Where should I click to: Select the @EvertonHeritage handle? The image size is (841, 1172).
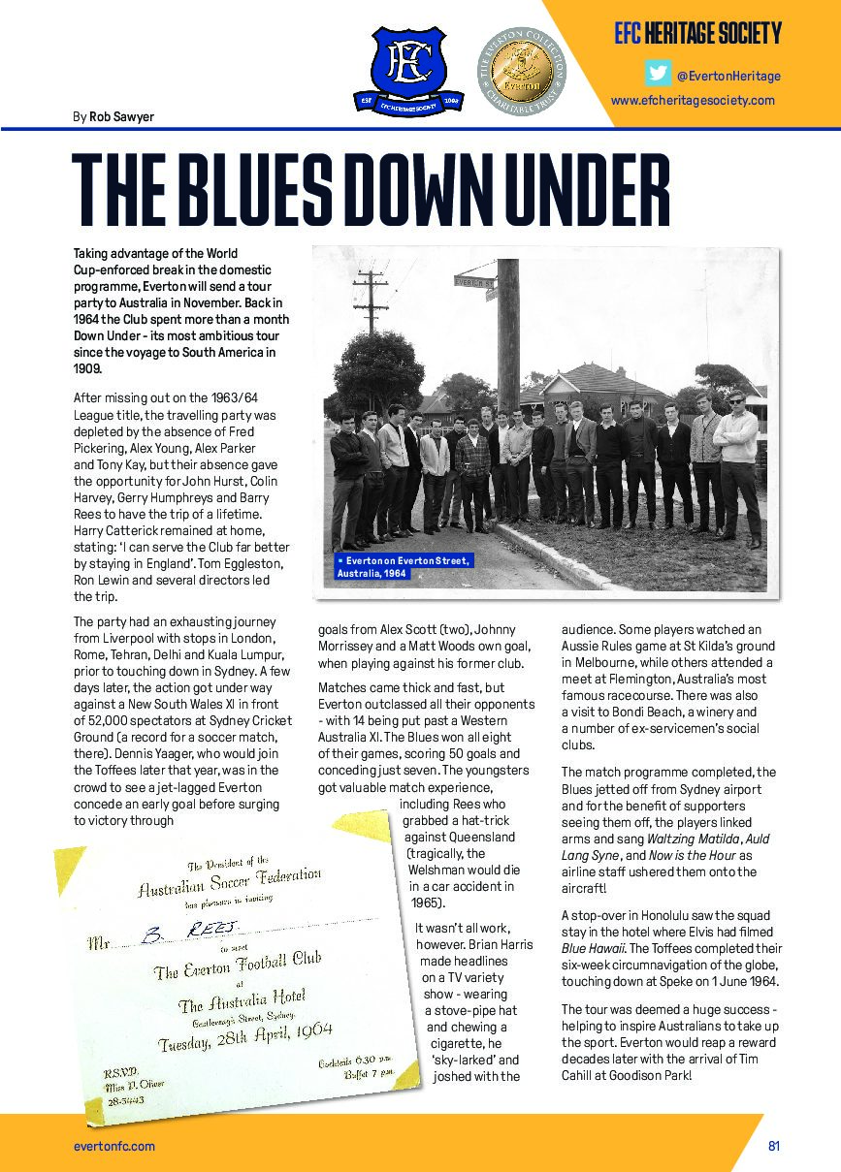(x=728, y=76)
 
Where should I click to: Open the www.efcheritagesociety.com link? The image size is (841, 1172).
(x=693, y=100)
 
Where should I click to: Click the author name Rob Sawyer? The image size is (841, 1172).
(x=121, y=117)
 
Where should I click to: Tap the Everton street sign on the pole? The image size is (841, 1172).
(x=475, y=282)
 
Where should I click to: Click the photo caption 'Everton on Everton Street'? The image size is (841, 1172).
(x=403, y=566)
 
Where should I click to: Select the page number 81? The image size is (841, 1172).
(x=774, y=1146)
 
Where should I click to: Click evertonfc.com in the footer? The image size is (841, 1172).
(x=114, y=1146)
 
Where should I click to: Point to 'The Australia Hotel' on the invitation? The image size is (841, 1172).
(x=242, y=999)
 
